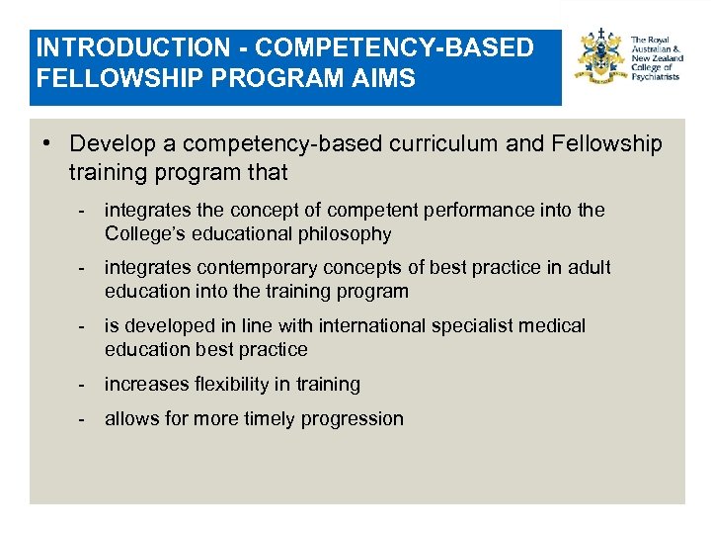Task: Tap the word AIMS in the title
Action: (x=388, y=78)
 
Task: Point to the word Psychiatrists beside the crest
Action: (x=656, y=76)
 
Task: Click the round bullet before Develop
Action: (x=47, y=144)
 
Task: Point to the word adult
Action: (x=590, y=268)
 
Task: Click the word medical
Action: (x=556, y=325)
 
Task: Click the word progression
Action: (x=358, y=419)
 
